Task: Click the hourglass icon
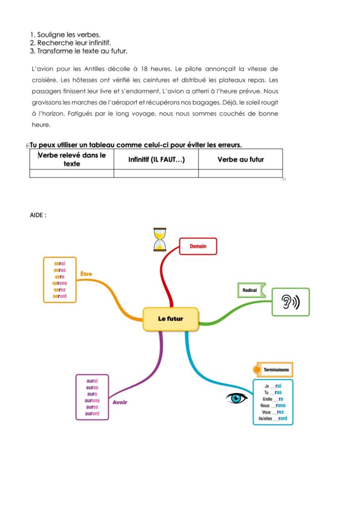coord(160,239)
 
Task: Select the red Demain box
coord(198,246)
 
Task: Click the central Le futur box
coord(171,319)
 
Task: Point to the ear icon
coord(290,302)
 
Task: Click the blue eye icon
coord(237,398)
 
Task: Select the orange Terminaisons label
coord(275,370)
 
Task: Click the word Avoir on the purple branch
coord(120,402)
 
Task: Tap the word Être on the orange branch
coord(86,274)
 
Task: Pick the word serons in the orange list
coord(60,283)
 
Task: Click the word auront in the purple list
coord(92,414)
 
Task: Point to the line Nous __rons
coord(273,406)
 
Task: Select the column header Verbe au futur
coord(241,160)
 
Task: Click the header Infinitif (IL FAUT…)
coord(156,160)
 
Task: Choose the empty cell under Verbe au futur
coord(241,173)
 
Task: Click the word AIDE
coord(38,215)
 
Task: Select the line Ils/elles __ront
coord(273,419)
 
